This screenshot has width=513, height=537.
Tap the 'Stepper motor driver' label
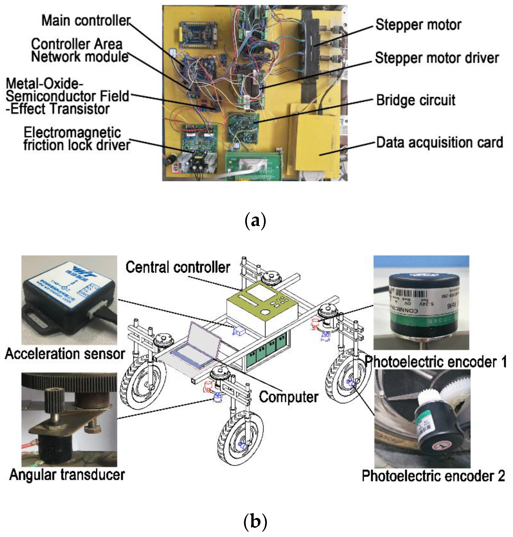[437, 58]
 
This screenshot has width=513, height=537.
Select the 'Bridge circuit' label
[416, 100]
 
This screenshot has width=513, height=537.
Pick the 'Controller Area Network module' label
[79, 51]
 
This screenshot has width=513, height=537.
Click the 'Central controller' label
[178, 267]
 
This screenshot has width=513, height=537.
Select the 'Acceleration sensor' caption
[65, 354]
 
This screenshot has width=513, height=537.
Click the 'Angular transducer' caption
[67, 475]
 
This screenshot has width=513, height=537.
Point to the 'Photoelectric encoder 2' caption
[433, 476]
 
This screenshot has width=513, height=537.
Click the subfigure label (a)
[255, 221]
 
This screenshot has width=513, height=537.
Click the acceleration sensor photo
[69, 300]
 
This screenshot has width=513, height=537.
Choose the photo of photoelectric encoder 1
[421, 302]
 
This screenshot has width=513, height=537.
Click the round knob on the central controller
[265, 312]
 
